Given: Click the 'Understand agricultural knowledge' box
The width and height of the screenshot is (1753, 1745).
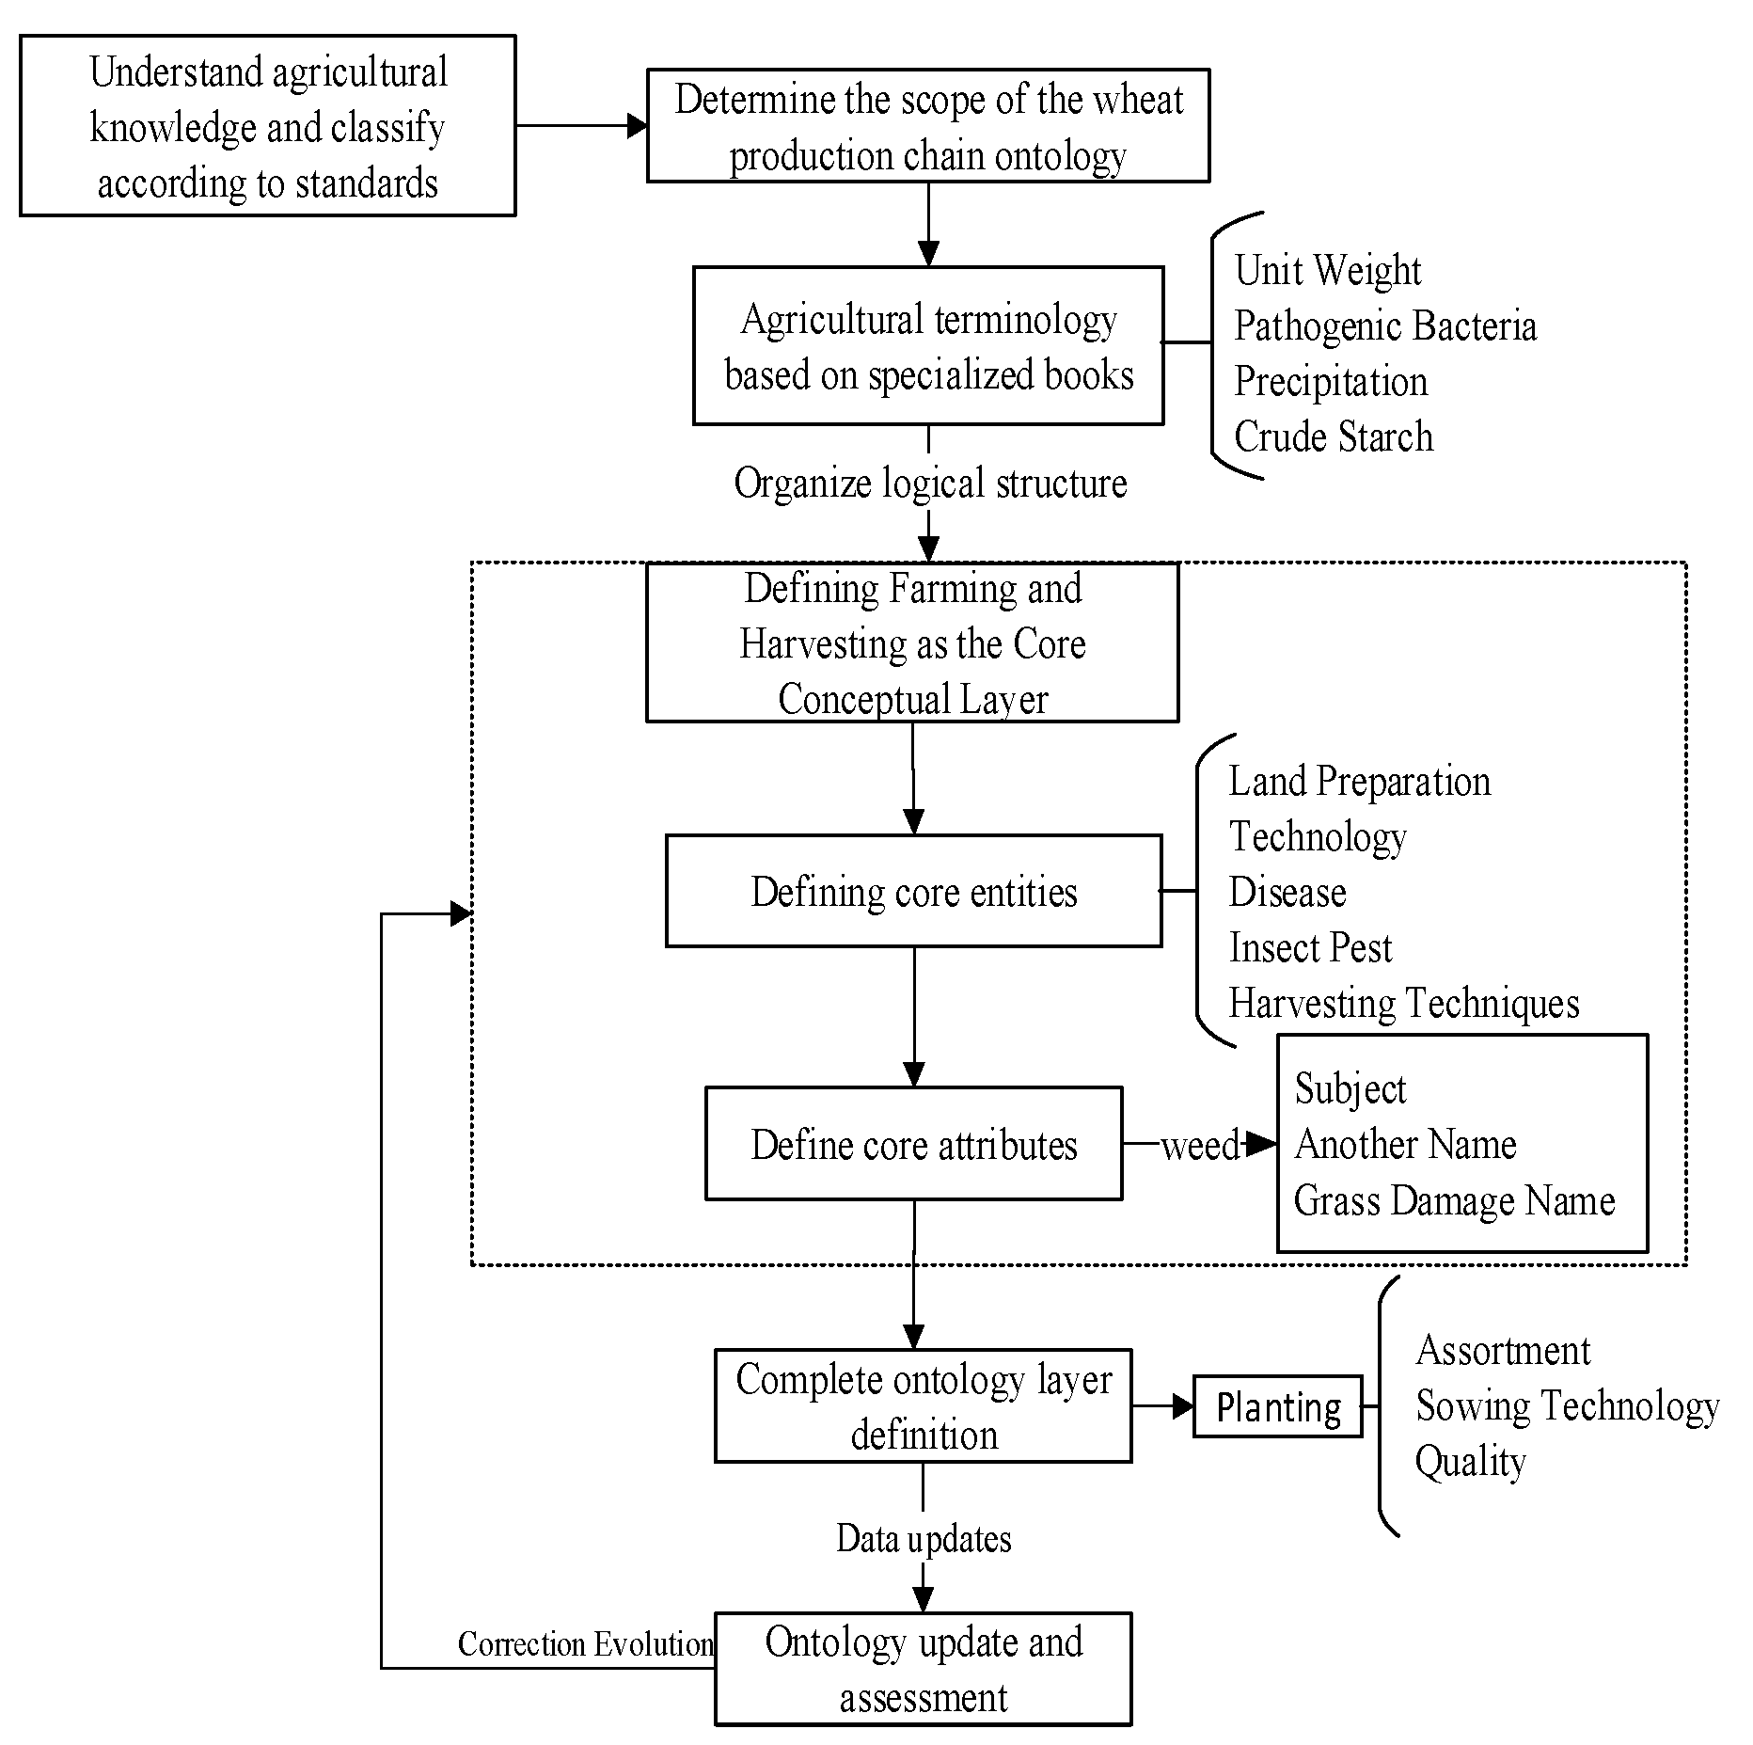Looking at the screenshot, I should point(268,126).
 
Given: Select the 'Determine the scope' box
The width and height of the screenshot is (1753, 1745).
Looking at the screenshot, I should point(928,126).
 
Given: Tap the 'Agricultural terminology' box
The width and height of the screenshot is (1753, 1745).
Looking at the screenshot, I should point(928,346).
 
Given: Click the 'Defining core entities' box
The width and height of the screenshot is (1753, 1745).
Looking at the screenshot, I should point(913,891).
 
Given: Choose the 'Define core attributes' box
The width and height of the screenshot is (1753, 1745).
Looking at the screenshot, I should point(913,1144).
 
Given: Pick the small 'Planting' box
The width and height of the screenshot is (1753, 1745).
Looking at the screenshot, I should point(1277,1407).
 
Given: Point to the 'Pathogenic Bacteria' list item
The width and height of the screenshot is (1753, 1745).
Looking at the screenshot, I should point(1384,326).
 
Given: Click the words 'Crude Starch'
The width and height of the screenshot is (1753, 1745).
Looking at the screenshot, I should point(1333,436).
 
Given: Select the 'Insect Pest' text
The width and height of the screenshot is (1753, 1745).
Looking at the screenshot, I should point(1310,947).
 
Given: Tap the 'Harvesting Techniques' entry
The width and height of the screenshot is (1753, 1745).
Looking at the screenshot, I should point(1403,1003).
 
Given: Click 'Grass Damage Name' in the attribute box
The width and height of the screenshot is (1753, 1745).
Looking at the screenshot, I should point(1454,1200).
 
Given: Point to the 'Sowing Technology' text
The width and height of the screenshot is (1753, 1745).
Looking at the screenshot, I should point(1567,1406).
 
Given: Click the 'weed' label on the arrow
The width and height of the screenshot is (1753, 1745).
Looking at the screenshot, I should point(1200,1146).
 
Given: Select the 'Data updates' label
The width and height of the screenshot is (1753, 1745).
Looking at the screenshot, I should point(924,1539).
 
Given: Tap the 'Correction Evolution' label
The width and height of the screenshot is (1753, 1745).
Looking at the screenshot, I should point(585,1643).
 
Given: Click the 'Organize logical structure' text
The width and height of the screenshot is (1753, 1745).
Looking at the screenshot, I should point(929,483).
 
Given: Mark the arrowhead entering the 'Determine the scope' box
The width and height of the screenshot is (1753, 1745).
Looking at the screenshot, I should point(638,126).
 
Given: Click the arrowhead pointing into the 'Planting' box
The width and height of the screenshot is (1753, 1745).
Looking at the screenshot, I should point(1184,1407).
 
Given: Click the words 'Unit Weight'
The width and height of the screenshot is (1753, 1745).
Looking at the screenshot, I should point(1327,271).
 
